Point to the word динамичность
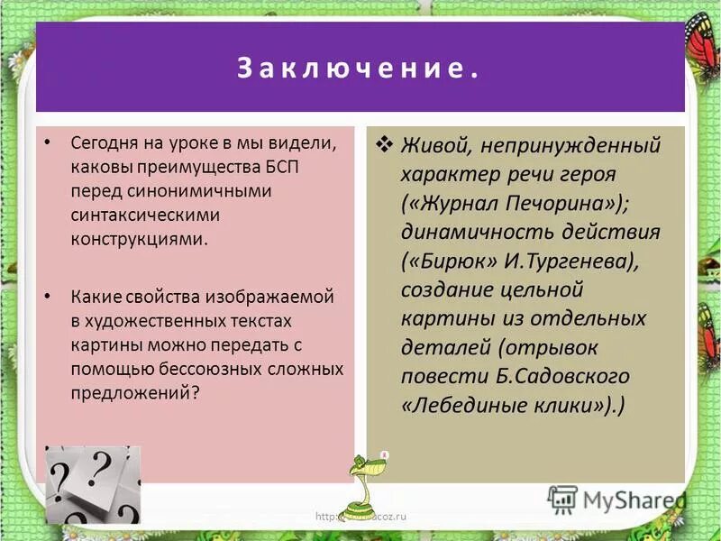[x=473, y=232]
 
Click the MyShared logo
[x=617, y=498]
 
